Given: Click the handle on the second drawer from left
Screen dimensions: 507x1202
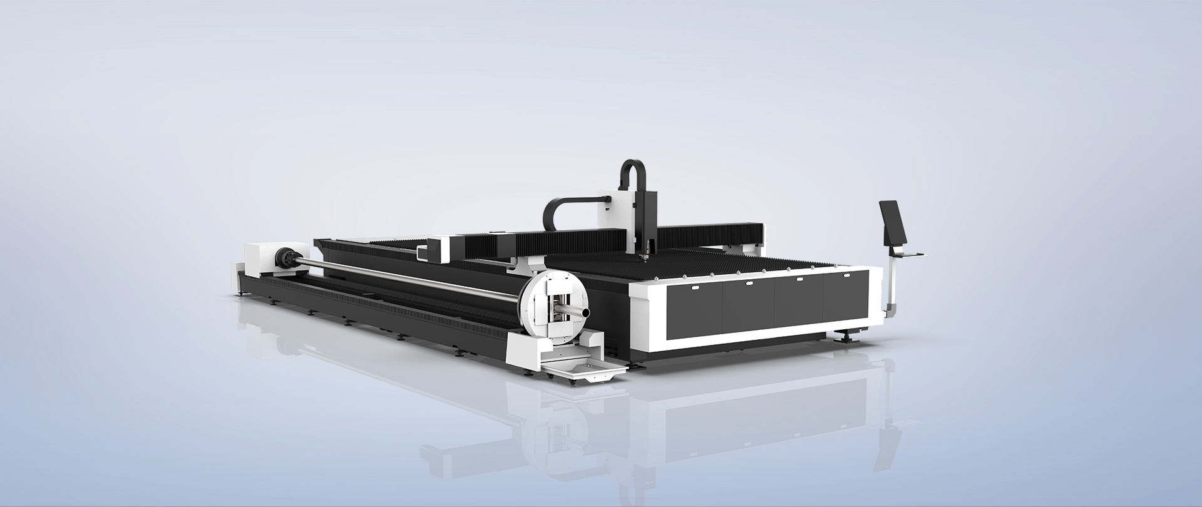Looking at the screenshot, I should tap(749, 283).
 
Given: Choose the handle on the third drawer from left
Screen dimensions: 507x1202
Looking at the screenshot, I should tap(799, 279).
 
